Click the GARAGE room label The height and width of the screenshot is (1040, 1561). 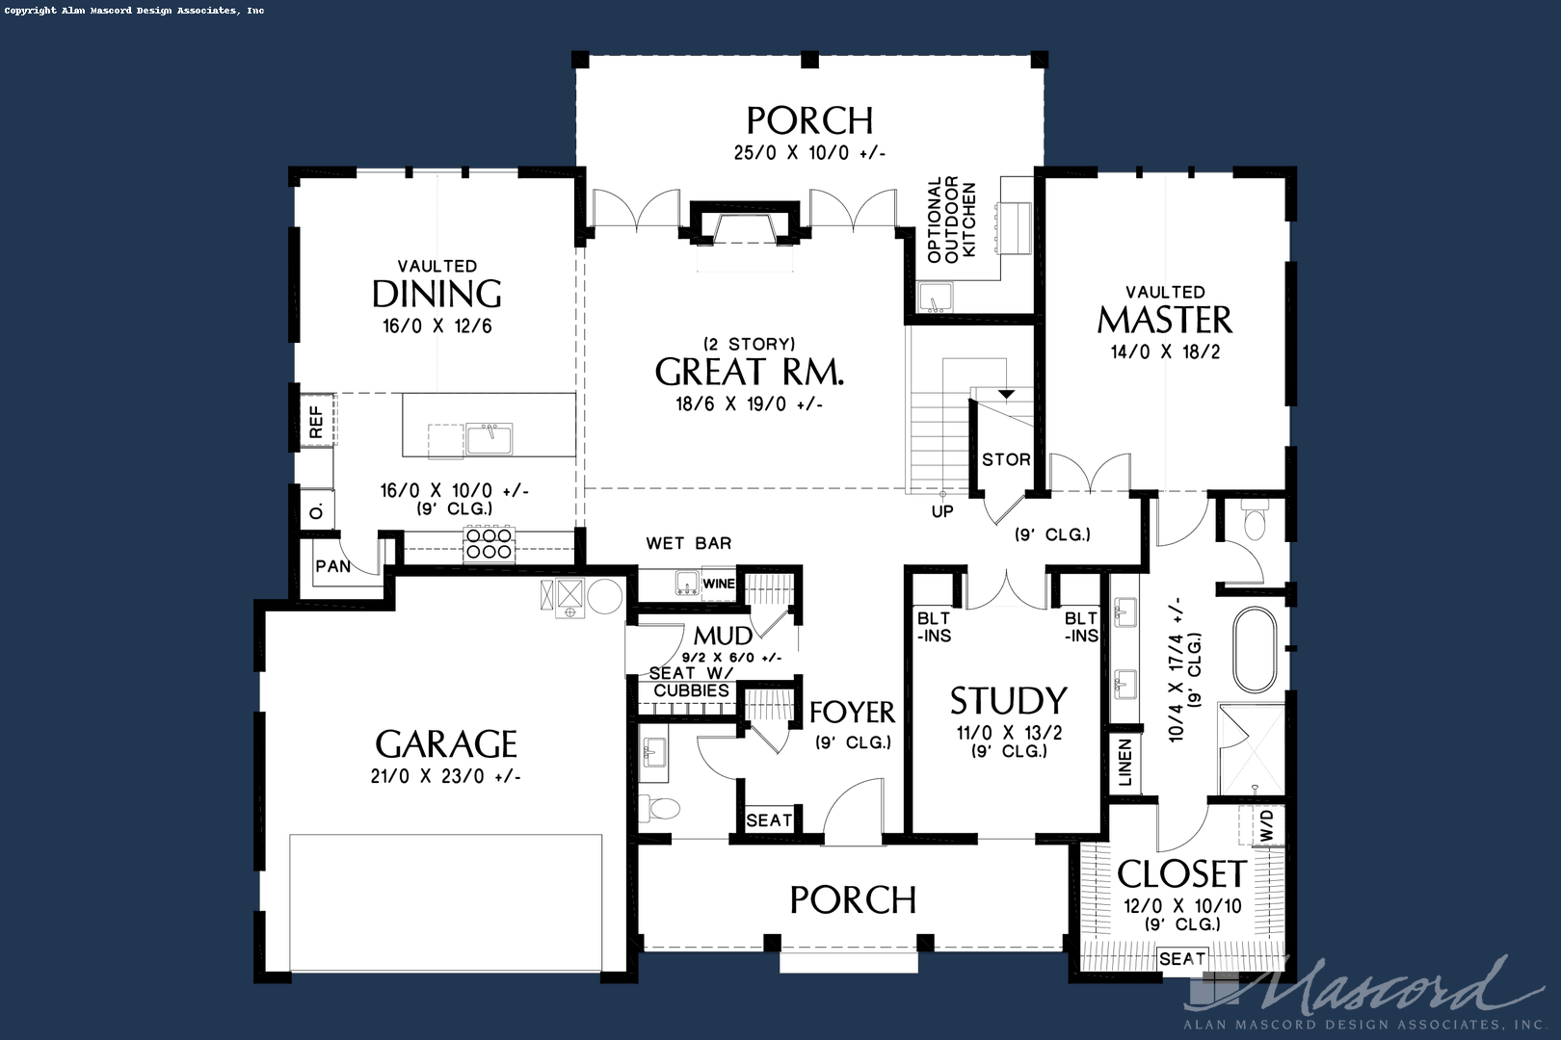pyautogui.click(x=446, y=744)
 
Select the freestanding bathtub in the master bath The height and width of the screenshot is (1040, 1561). pyautogui.click(x=1255, y=649)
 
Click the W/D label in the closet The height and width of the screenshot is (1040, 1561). pyautogui.click(x=1266, y=824)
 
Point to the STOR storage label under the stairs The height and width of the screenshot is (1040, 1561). pyautogui.click(x=1006, y=459)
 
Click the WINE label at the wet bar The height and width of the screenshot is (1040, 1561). pyautogui.click(x=719, y=584)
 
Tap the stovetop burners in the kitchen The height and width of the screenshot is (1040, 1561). pyautogui.click(x=489, y=543)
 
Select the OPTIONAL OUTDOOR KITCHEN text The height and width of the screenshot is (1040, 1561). pyautogui.click(x=951, y=219)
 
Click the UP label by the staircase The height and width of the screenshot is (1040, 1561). pyautogui.click(x=942, y=511)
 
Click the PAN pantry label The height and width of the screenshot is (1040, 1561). pyautogui.click(x=333, y=566)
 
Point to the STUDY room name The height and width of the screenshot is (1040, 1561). pyautogui.click(x=1008, y=700)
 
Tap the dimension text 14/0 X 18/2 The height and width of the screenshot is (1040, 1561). pyautogui.click(x=1165, y=351)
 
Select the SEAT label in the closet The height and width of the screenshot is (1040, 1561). pyautogui.click(x=1182, y=958)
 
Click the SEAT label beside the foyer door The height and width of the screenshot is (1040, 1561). pyautogui.click(x=769, y=820)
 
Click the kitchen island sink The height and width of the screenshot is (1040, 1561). pyautogui.click(x=489, y=438)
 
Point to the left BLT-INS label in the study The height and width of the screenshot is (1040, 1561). pyautogui.click(x=934, y=626)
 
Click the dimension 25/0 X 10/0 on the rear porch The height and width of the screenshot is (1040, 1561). pyautogui.click(x=808, y=152)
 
